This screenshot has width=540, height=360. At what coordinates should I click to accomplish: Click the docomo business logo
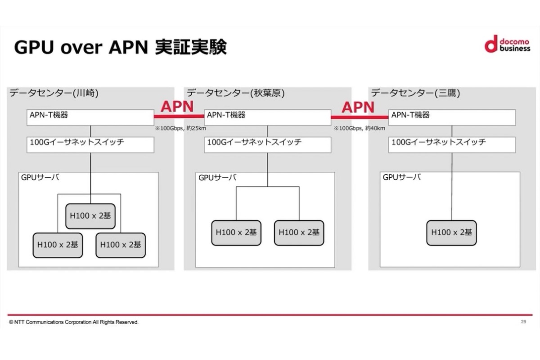(x=507, y=44)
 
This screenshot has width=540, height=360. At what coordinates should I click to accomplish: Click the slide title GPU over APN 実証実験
(x=120, y=47)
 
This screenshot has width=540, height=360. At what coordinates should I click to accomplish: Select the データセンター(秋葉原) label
(x=236, y=93)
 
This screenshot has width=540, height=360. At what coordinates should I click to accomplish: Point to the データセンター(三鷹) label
(x=414, y=93)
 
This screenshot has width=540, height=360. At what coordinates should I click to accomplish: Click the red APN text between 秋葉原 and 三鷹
(x=358, y=107)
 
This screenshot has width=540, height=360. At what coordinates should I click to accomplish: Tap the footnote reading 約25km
(x=180, y=128)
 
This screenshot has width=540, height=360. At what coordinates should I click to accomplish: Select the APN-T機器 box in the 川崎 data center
(x=90, y=117)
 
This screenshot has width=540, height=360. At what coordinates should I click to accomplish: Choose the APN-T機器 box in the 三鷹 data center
(x=452, y=117)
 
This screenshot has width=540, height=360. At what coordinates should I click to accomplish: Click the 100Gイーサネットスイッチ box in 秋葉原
(x=267, y=144)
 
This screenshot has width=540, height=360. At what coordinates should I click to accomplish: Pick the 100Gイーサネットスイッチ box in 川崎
(x=90, y=144)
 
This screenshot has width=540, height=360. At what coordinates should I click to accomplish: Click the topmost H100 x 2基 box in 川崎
(x=90, y=216)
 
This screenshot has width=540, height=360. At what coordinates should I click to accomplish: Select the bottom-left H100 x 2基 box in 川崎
(x=58, y=245)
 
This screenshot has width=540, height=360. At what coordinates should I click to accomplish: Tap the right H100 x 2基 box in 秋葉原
(x=299, y=233)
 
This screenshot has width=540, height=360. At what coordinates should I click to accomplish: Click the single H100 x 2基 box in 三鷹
(x=451, y=233)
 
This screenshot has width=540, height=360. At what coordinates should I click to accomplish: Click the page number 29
(x=523, y=322)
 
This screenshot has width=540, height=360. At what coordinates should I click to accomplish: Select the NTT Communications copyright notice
(x=74, y=322)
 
